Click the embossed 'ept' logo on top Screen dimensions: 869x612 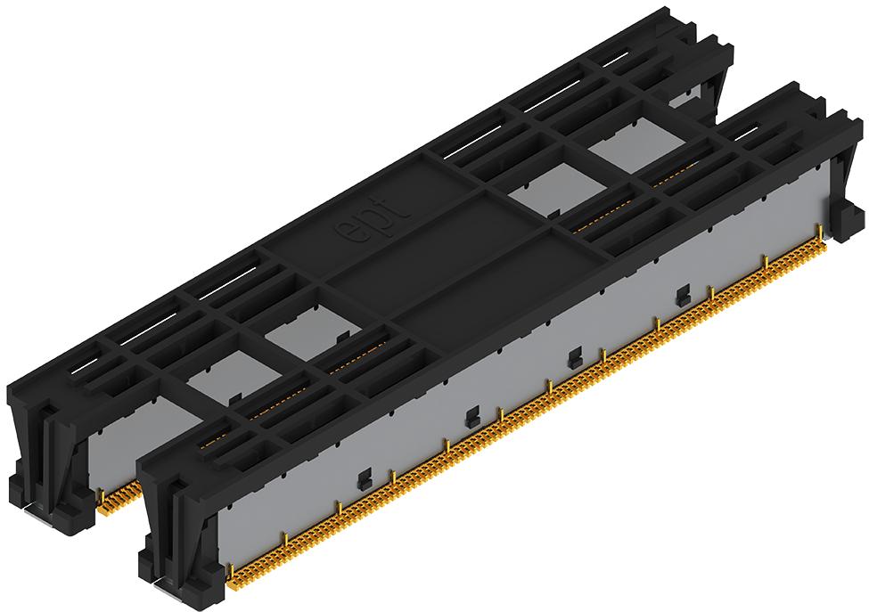[373, 219]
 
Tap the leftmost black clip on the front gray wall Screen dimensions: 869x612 [365, 479]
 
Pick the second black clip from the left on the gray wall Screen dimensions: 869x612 [472, 417]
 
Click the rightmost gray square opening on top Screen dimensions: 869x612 [635, 148]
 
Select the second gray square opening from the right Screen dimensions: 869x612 [557, 188]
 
